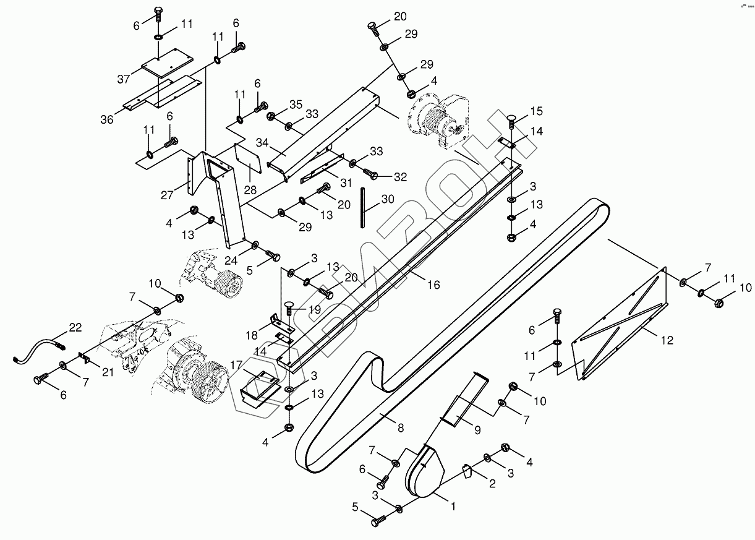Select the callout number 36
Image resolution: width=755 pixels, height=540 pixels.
(107, 119)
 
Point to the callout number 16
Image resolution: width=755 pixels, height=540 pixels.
(433, 285)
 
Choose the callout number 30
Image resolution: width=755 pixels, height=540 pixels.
(387, 199)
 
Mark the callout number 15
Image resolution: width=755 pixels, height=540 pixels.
(536, 111)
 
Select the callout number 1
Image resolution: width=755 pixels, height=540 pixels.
(453, 505)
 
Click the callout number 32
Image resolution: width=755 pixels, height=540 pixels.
(400, 177)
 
